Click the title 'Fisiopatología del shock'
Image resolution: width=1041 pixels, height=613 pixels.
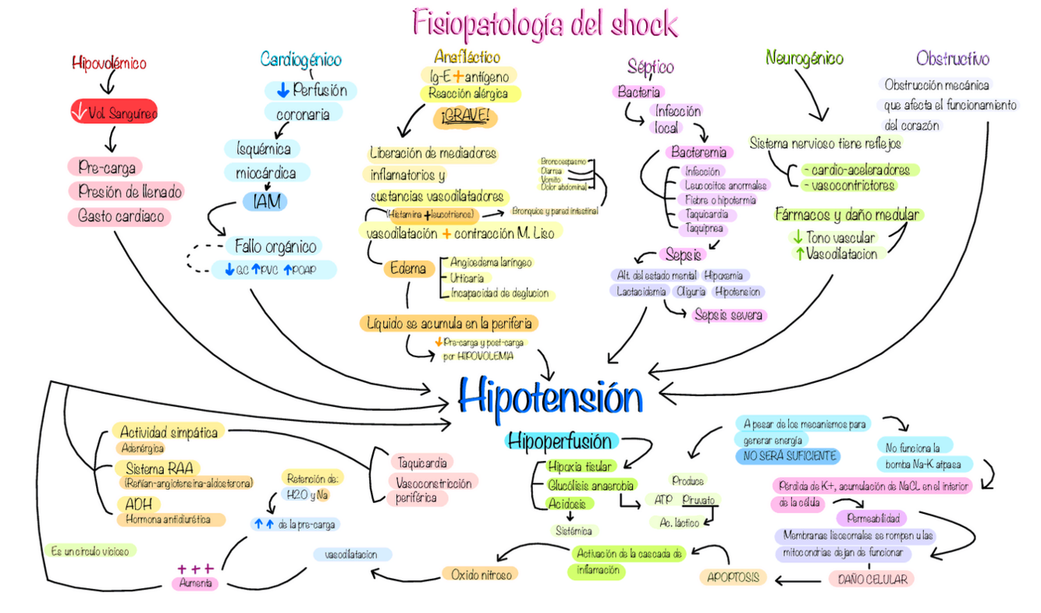click(x=545, y=23)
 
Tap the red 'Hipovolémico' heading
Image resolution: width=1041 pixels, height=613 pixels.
click(x=109, y=63)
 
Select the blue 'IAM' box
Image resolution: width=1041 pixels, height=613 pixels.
click(x=265, y=201)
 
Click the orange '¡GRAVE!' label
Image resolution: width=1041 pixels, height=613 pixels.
click(x=465, y=117)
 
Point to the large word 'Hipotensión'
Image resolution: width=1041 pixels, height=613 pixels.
click(x=550, y=397)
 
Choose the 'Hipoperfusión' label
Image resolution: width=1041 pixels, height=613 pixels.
click(x=560, y=441)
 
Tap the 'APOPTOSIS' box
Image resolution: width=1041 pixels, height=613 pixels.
click(x=732, y=577)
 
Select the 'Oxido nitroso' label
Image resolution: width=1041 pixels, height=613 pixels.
click(x=481, y=574)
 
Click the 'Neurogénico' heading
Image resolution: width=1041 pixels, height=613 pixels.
click(x=805, y=58)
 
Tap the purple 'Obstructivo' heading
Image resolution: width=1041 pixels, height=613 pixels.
click(x=953, y=58)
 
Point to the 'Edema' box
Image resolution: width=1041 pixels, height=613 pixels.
click(x=409, y=269)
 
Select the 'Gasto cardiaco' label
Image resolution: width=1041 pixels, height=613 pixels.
click(x=120, y=216)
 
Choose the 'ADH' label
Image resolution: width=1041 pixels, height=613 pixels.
click(x=139, y=504)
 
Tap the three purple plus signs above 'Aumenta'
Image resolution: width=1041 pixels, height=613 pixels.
click(x=195, y=569)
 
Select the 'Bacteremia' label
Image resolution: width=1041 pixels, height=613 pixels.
click(x=698, y=152)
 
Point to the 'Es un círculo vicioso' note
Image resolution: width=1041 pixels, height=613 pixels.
click(x=91, y=551)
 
